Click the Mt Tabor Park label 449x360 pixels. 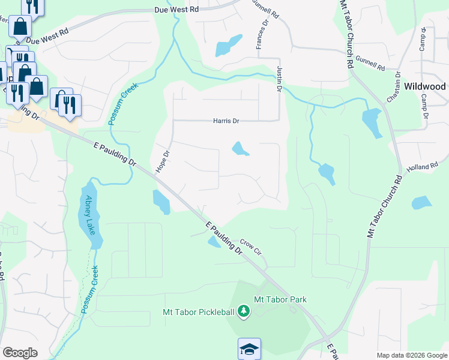pos(280,299)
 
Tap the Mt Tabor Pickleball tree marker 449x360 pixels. pos(243,311)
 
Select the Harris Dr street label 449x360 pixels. pos(226,121)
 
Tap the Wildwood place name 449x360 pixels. pos(424,86)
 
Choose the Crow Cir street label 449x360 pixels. pos(252,246)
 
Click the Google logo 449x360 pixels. pos(20,353)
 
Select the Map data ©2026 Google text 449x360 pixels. pos(411,355)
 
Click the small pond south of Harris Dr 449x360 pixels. pos(240,148)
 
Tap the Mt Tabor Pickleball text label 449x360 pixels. pos(199,311)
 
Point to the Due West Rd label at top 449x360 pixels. pos(176,10)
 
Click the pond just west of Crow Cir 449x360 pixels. pos(214,241)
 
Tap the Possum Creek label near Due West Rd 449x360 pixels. pos(124,103)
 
